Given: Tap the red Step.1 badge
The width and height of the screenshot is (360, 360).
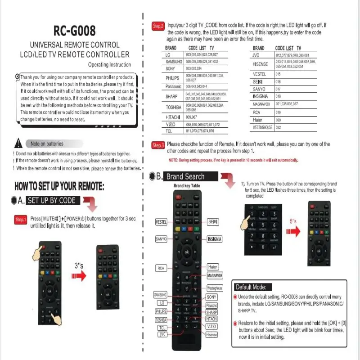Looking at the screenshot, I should (21, 220).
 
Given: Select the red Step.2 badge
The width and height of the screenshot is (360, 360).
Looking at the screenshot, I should (158, 27).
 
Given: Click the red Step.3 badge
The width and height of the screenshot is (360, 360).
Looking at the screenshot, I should (158, 145).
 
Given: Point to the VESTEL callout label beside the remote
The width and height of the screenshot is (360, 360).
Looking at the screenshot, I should (162, 222).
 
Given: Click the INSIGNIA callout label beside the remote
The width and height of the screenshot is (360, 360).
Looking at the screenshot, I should (214, 239).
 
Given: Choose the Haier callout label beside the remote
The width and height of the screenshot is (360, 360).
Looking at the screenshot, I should (213, 267).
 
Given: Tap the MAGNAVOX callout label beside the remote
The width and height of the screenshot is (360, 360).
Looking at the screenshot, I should (215, 275).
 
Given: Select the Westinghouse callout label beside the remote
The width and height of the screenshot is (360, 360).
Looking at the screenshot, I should (215, 288).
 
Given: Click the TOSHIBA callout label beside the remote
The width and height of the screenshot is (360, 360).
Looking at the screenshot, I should (161, 319).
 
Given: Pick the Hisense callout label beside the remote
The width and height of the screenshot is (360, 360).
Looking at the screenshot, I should (211, 334).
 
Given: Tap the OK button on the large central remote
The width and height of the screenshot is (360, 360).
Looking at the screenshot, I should (186, 252).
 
